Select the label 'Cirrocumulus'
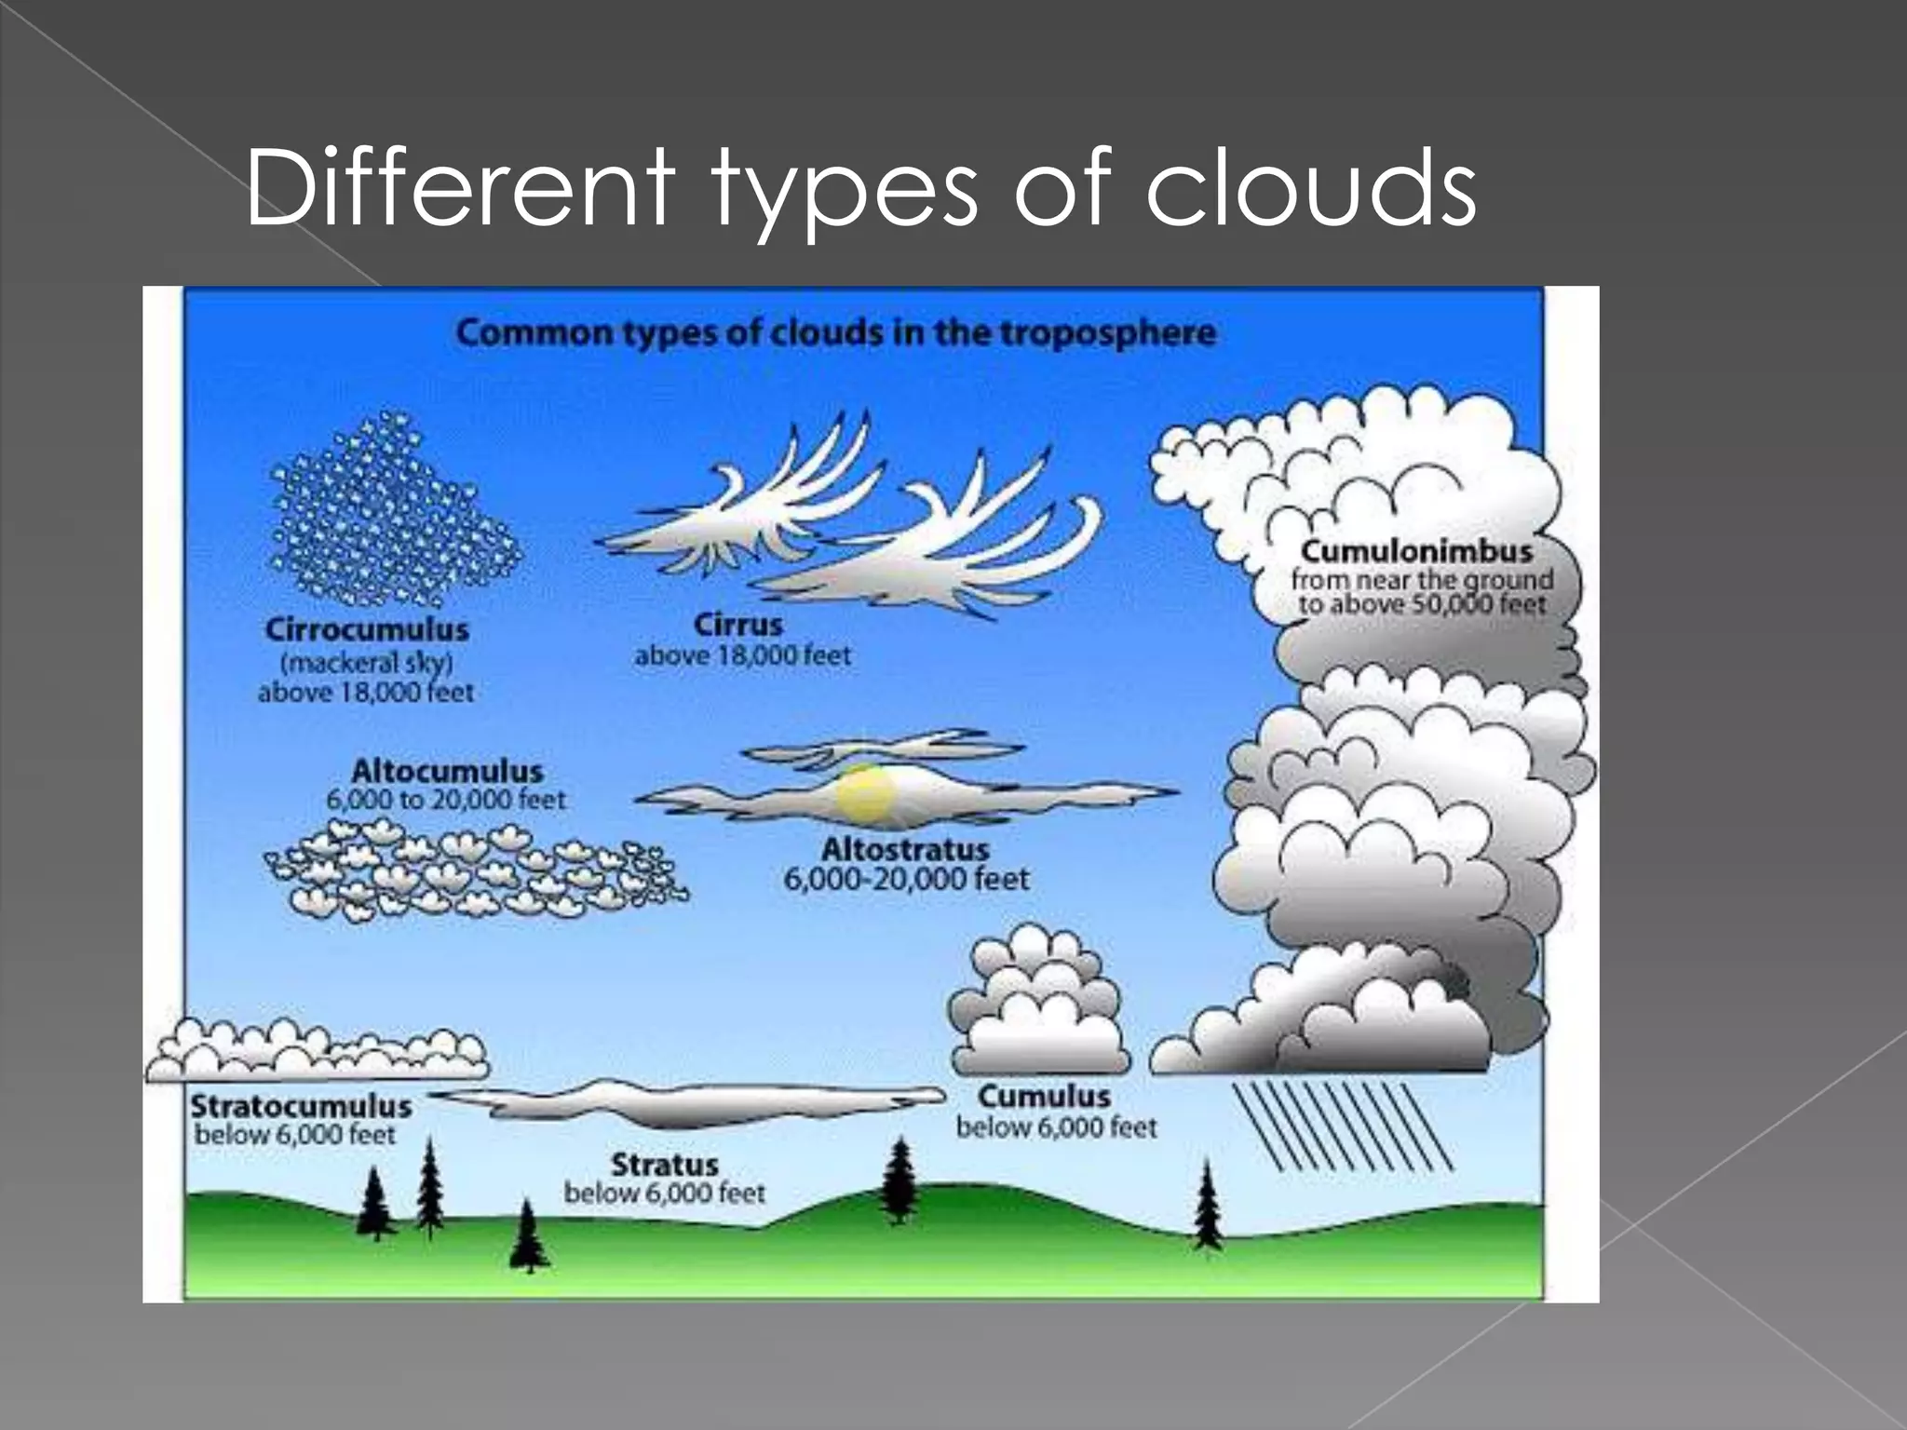point(367,629)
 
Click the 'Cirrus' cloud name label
point(737,625)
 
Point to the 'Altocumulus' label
point(447,771)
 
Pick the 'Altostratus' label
point(904,849)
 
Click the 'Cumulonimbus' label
point(1416,551)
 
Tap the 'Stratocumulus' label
point(301,1106)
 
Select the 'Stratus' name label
point(665,1165)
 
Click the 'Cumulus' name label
point(1044,1096)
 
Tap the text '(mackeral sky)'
point(367,663)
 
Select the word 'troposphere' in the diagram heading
point(1108,332)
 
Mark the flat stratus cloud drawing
point(689,1104)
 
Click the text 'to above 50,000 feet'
point(1422,604)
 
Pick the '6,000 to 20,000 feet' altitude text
point(446,800)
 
